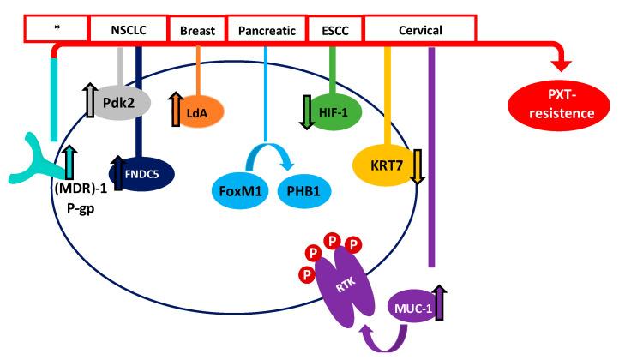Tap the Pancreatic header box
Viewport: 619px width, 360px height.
coord(266,31)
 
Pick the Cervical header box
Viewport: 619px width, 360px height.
coord(420,31)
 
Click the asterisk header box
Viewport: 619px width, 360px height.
coord(56,31)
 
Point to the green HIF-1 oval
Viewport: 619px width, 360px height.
coord(330,111)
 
